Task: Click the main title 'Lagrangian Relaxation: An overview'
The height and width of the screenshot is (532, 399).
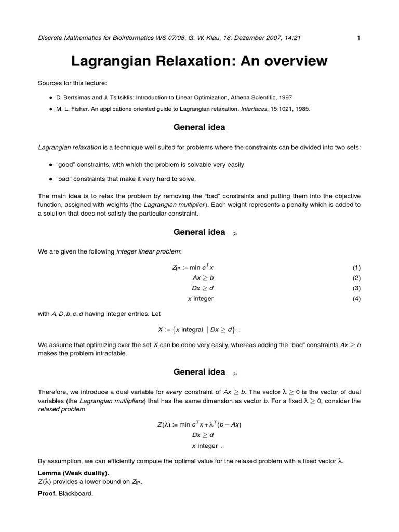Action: click(x=199, y=61)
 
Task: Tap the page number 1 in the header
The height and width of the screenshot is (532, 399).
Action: click(x=358, y=37)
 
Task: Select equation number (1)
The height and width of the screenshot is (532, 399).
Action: click(x=356, y=268)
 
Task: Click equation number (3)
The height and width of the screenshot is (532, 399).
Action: click(x=356, y=288)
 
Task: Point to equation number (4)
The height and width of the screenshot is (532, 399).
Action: click(x=356, y=299)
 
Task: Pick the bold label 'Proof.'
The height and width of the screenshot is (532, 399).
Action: click(x=47, y=494)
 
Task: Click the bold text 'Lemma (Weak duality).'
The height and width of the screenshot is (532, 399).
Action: click(x=73, y=473)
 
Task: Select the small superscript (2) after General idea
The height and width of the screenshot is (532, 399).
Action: click(x=235, y=234)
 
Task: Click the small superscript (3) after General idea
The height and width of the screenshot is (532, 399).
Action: click(x=235, y=374)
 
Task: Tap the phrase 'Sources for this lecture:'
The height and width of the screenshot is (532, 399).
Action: click(x=71, y=83)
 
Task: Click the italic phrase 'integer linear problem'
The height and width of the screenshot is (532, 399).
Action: click(x=148, y=252)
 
